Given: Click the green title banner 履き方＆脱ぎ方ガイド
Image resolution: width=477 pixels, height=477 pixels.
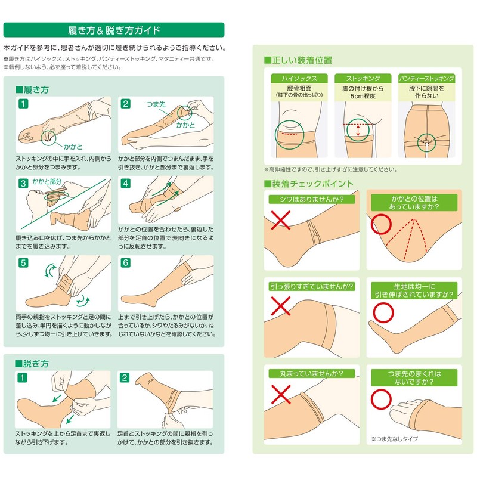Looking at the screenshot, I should click(113, 30).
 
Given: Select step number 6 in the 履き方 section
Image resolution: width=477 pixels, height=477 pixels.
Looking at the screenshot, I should click(126, 262).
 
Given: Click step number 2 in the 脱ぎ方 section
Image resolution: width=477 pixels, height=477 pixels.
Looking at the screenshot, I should click(126, 377).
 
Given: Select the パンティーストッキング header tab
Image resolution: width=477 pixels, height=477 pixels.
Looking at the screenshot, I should click(426, 79).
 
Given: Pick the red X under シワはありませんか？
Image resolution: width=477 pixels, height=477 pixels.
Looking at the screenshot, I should click(282, 224).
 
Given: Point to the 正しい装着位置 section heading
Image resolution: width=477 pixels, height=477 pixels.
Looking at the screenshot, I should click(298, 60).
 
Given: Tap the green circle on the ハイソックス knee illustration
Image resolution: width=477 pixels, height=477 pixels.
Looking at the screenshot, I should click(290, 135).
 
